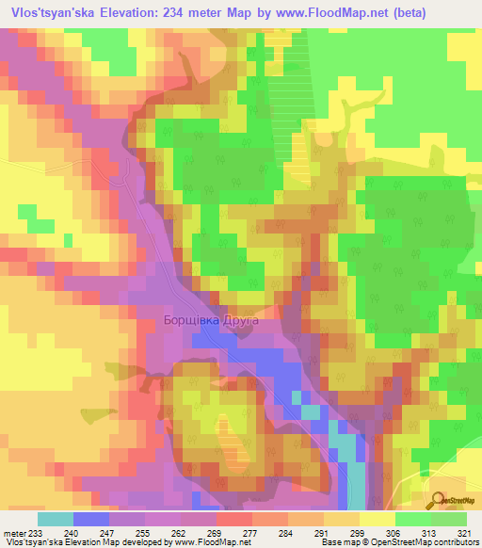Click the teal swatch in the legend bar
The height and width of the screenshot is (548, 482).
56,519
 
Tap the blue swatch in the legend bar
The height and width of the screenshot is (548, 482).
91,519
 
